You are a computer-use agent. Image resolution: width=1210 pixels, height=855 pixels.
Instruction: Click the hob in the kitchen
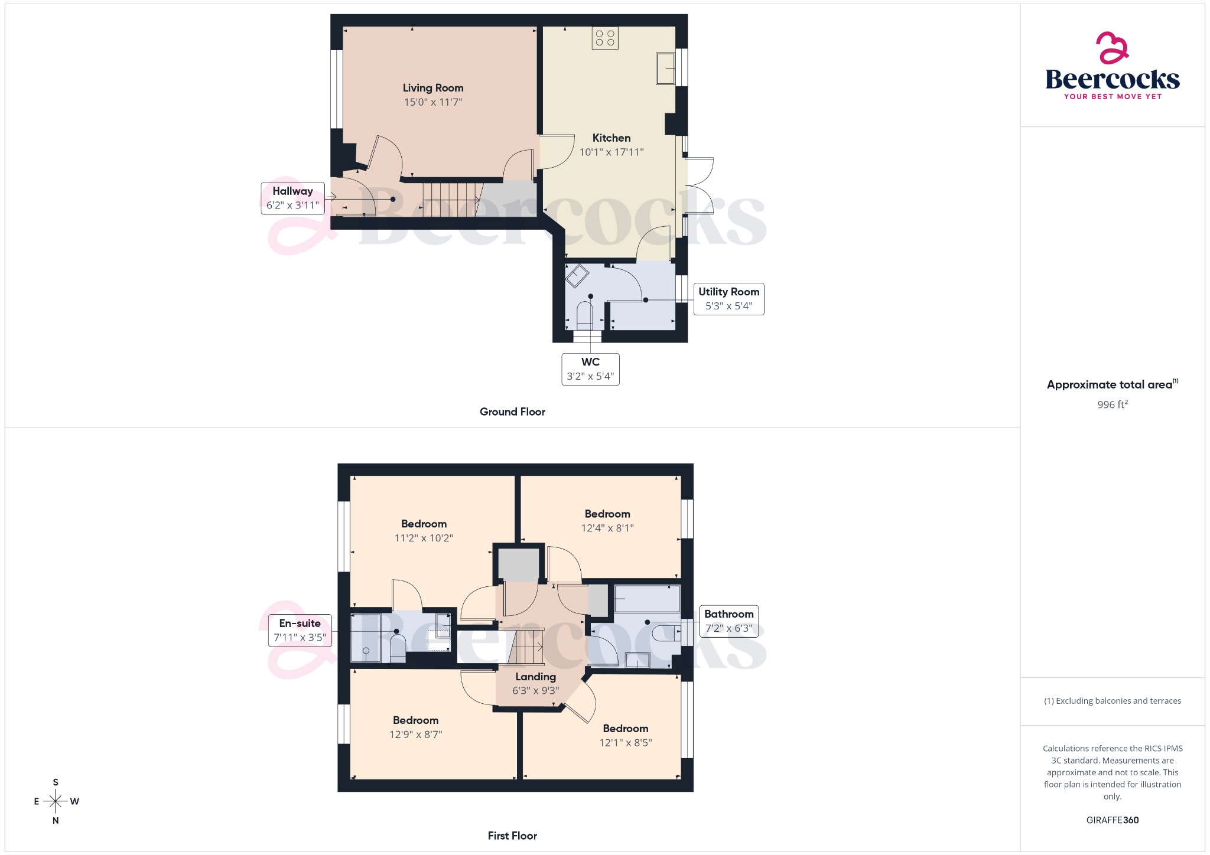click(605, 38)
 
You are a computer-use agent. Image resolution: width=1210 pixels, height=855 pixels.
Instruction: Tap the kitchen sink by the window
click(666, 68)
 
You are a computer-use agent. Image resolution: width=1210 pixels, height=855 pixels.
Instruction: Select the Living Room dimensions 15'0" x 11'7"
click(433, 102)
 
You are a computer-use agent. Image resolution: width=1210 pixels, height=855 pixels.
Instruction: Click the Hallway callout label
click(292, 198)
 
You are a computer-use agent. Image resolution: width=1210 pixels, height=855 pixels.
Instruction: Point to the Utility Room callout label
click(728, 299)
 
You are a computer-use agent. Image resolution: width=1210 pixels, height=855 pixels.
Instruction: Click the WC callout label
click(590, 369)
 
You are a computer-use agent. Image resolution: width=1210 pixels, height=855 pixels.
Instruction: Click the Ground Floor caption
click(512, 412)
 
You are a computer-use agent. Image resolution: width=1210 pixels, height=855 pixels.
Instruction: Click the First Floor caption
click(512, 836)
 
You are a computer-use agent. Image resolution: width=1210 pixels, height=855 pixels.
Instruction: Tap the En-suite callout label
click(300, 630)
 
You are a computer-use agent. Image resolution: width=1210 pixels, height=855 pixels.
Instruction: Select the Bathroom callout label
click(728, 621)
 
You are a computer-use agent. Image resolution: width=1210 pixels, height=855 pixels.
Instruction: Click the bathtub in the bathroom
click(647, 599)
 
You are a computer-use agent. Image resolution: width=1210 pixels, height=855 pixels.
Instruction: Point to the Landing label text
click(535, 677)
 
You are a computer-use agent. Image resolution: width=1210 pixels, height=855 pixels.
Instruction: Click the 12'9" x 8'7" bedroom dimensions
click(415, 735)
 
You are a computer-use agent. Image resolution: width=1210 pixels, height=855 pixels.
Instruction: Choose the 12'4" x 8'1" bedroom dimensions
click(607, 528)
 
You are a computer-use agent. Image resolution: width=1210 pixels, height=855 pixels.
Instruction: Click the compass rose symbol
click(56, 801)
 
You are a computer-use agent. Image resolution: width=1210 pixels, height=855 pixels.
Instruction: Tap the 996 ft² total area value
click(1112, 404)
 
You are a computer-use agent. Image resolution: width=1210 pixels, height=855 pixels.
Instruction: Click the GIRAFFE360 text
click(1112, 820)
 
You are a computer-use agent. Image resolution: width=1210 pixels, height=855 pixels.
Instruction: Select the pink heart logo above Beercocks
click(1112, 48)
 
